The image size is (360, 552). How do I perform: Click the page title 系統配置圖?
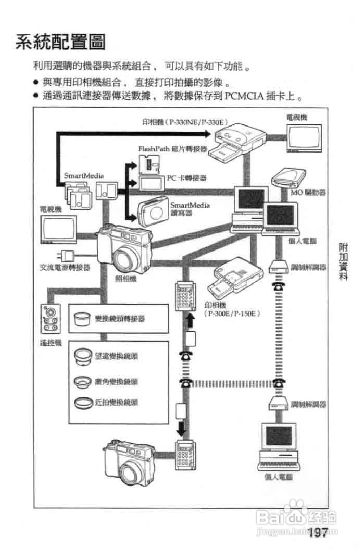(x=61, y=42)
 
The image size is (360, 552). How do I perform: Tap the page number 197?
(x=318, y=532)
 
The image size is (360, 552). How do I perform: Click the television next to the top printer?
(x=304, y=138)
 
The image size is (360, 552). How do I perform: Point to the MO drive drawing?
(x=288, y=178)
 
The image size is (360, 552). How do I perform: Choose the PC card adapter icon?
(x=152, y=183)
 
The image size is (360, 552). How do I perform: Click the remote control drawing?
(x=50, y=319)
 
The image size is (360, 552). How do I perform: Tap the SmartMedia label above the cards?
(x=84, y=176)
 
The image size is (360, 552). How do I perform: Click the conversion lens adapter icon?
(x=81, y=319)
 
